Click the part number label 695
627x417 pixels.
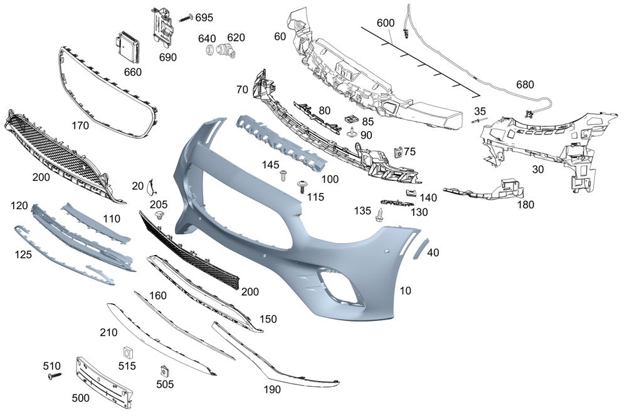coord(204,17)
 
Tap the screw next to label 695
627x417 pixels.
coord(186,18)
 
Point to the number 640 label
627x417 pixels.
coord(207,38)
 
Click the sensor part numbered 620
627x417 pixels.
coord(225,53)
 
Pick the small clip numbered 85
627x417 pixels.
coord(350,119)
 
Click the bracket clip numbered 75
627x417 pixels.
coord(396,152)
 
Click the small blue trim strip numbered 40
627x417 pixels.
coord(418,248)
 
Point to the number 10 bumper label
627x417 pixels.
coord(406,291)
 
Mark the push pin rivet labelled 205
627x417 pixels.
coord(158,216)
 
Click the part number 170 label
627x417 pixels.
coord(80,126)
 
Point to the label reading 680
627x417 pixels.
coord(525,84)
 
